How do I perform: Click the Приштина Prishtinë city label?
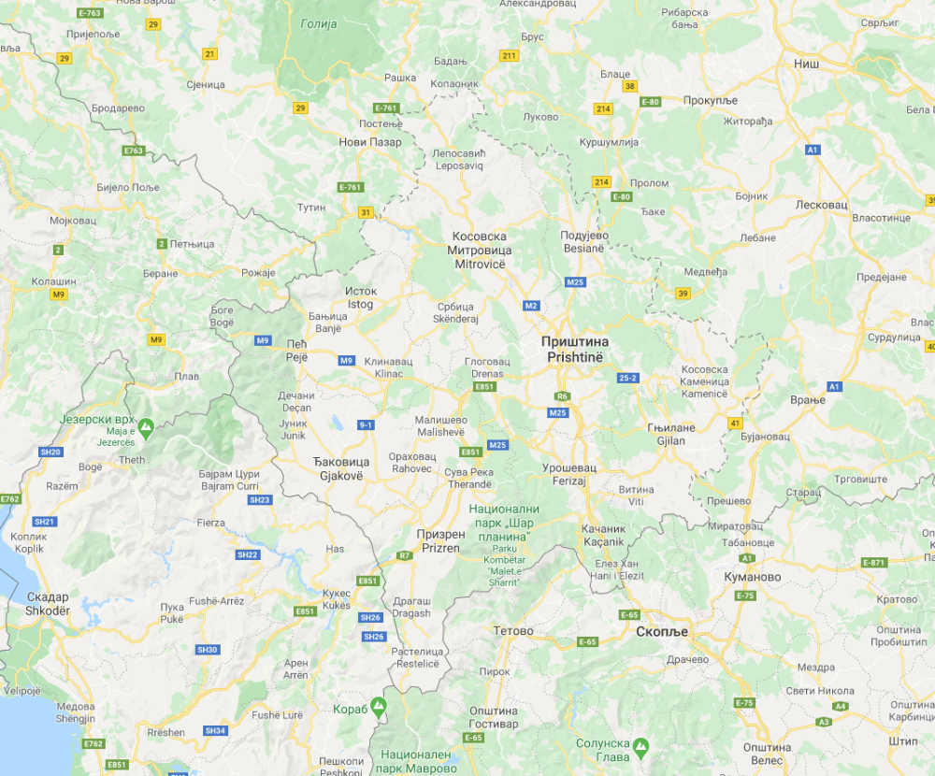574,349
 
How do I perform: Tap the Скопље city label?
661,632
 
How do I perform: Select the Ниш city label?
806,64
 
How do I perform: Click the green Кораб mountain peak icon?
379,706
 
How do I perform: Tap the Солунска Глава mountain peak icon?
640,746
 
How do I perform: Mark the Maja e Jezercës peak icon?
146,428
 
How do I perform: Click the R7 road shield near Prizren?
405,555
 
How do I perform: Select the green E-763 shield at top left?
91,13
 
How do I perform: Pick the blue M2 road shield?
532,305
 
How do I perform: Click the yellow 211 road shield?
509,56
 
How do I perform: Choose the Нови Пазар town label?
370,142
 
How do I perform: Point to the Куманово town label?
752,577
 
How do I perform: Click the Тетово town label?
513,631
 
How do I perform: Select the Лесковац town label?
820,204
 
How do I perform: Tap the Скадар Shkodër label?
48,603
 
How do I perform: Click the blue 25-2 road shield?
627,378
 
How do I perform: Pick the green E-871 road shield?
872,562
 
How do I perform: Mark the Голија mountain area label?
320,24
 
